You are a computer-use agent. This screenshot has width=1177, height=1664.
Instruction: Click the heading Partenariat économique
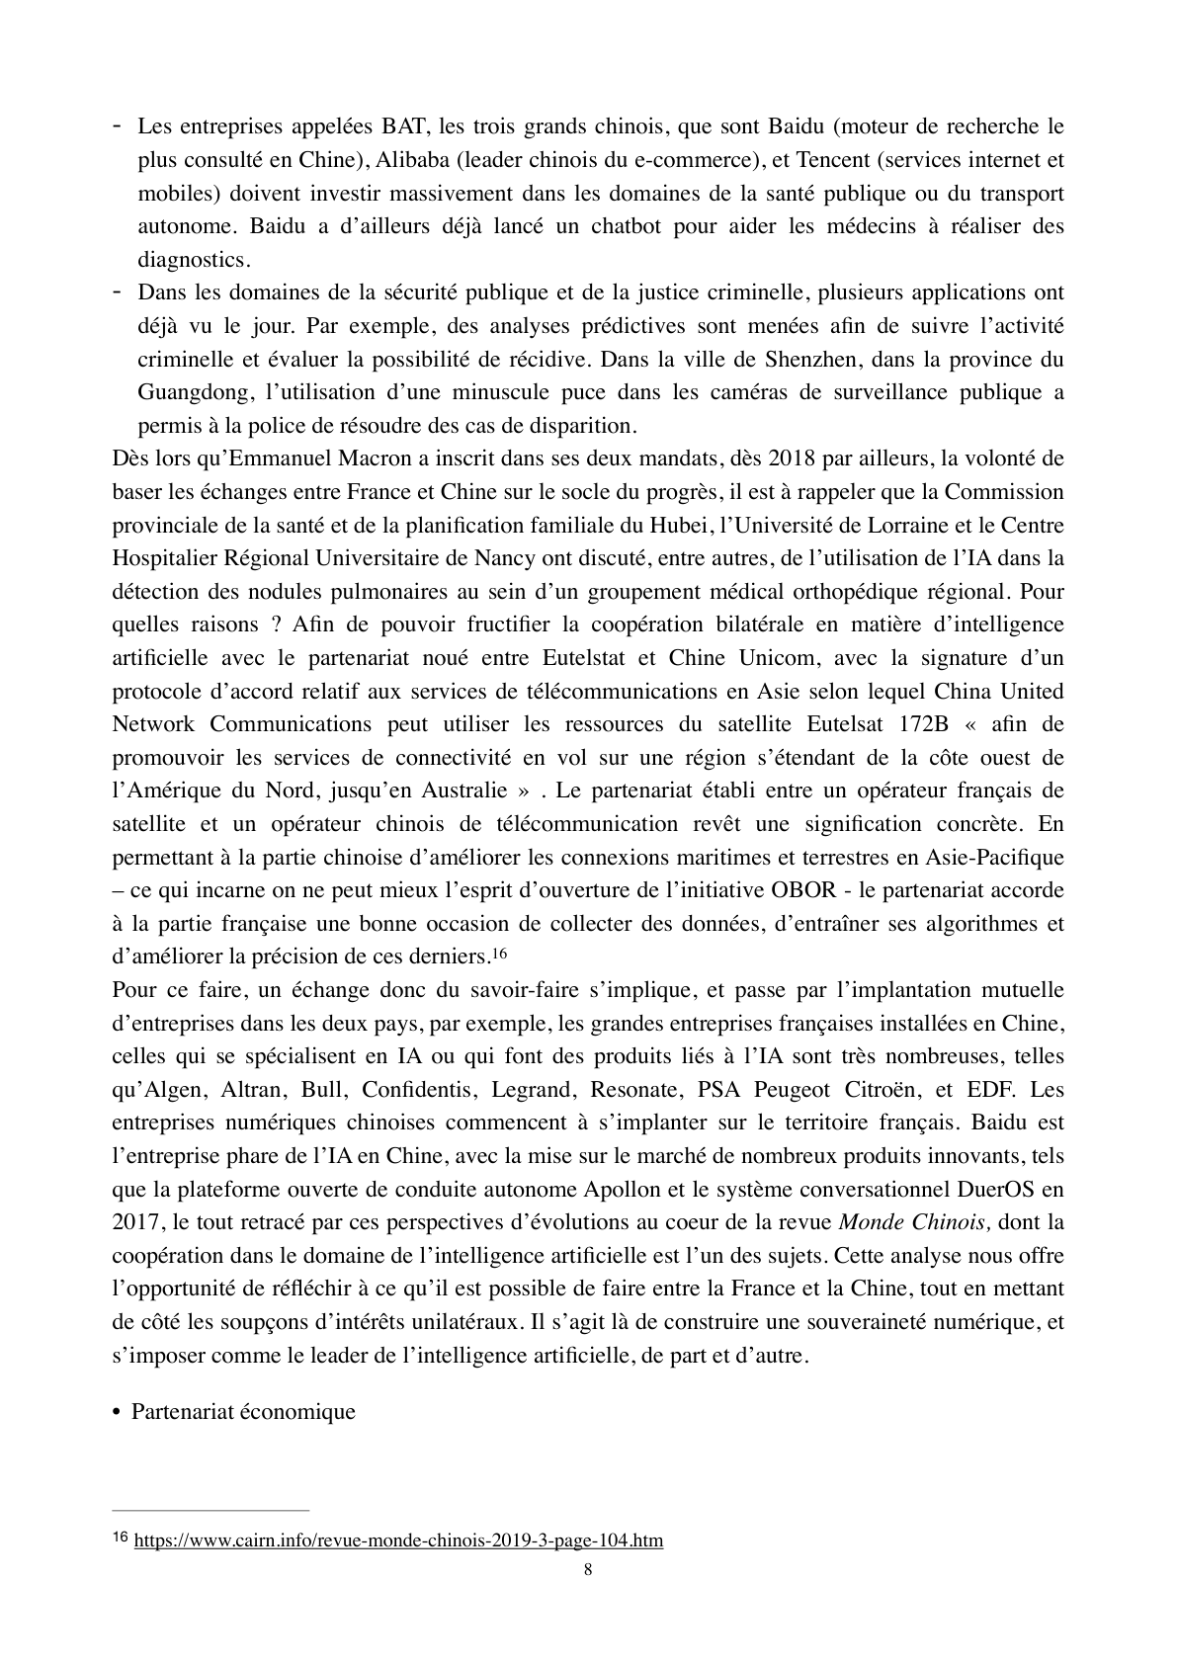tap(243, 1411)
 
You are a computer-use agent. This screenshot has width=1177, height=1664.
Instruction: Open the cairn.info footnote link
tap(398, 1540)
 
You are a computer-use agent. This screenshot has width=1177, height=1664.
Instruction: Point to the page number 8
tap(589, 1571)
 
